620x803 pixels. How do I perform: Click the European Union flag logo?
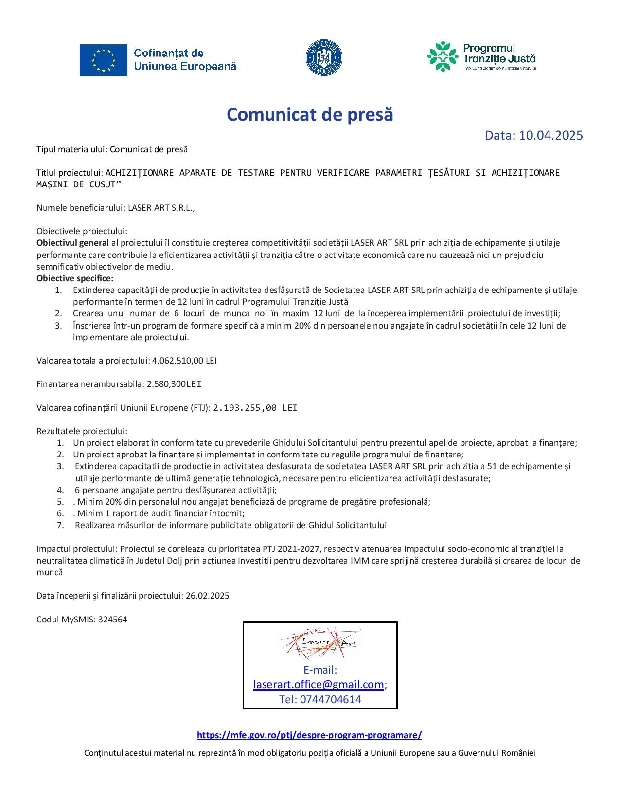pos(104,60)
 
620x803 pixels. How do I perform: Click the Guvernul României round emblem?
pos(324,58)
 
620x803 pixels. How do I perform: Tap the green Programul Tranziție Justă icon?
pos(443,56)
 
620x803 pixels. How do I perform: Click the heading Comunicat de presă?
pos(310,115)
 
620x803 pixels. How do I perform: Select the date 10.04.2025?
pos(550,135)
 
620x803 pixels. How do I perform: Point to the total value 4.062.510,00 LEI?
pos(184,361)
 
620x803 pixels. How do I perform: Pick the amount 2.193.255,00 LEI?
pos(255,408)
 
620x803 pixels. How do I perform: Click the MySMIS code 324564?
pos(113,620)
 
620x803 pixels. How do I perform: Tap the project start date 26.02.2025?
pos(208,596)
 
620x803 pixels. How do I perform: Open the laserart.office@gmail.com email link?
pos(319,685)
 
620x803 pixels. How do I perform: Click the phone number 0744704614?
pos(331,699)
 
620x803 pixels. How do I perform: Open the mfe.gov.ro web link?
pos(309,735)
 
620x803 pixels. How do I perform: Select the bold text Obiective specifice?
pos(75,278)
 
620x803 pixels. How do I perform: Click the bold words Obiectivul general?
pos(72,243)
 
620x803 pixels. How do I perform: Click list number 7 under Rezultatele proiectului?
pos(60,525)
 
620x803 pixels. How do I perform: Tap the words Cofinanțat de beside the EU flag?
pos(168,53)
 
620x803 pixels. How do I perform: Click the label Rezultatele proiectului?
pos(82,431)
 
